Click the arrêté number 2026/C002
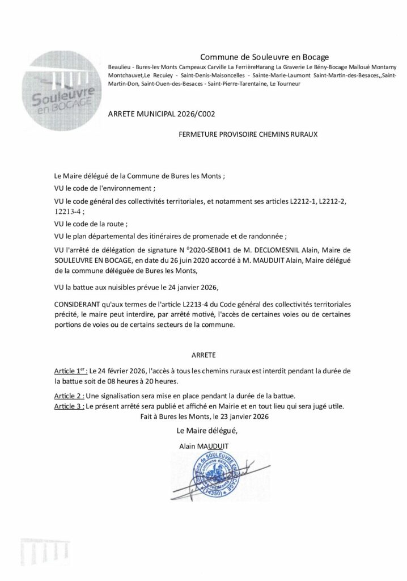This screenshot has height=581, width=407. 194,113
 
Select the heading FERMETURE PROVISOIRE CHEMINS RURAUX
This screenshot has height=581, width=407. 249,136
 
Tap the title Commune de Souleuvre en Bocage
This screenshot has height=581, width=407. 265,56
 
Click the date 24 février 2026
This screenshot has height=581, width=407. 120,370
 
